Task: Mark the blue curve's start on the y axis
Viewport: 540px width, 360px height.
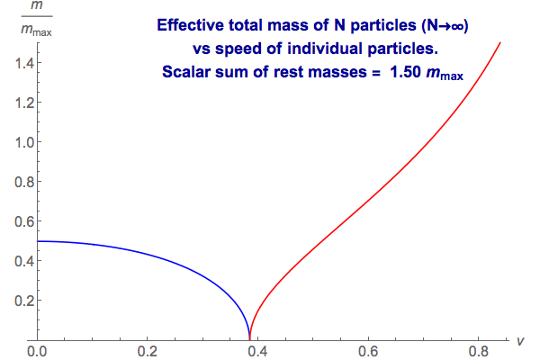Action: [x=38, y=241]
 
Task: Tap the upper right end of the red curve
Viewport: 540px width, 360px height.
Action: [x=499, y=42]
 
